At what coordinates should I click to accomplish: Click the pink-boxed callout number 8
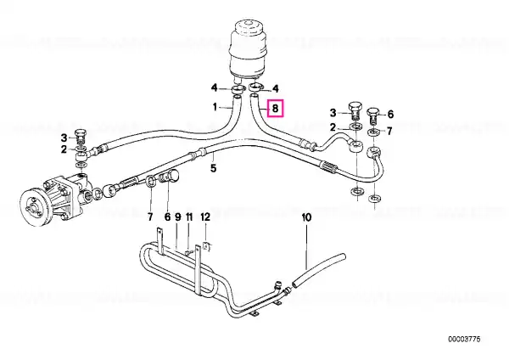[x=275, y=108]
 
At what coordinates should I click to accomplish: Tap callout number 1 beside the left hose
[x=215, y=107]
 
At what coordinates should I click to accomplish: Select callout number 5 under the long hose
[x=213, y=168]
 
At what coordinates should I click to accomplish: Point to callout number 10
[x=306, y=217]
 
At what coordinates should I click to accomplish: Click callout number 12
[x=205, y=217]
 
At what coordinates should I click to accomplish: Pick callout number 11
[x=189, y=217]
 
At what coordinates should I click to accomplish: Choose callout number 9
[x=178, y=217]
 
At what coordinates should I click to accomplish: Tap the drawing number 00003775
[x=464, y=340]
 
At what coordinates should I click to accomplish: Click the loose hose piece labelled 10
[x=319, y=270]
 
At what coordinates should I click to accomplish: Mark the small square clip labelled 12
[x=206, y=246]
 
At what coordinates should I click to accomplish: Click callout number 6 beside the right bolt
[x=390, y=114]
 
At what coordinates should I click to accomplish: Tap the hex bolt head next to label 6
[x=372, y=112]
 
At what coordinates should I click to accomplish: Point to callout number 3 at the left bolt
[x=64, y=138]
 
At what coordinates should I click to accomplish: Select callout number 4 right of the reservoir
[x=275, y=88]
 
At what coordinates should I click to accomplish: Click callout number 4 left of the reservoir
[x=214, y=87]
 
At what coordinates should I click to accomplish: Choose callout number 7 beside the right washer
[x=389, y=131]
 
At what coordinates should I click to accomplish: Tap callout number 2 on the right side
[x=333, y=127]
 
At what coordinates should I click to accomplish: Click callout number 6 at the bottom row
[x=167, y=217]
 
